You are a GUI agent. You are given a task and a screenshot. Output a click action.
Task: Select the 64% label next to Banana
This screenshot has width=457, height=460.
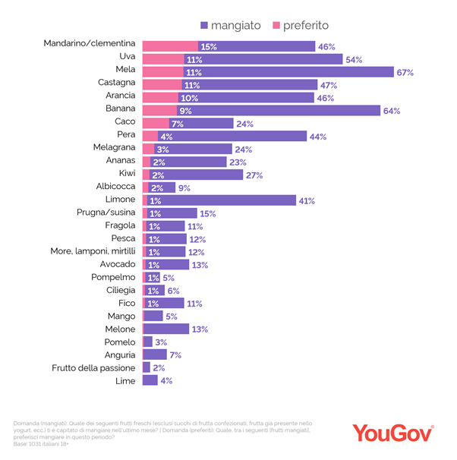pyautogui.click(x=390, y=111)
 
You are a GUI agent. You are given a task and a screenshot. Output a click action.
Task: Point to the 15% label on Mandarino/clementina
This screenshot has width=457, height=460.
pyautogui.click(x=209, y=46)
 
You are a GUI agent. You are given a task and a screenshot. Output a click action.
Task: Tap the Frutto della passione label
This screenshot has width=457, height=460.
pyautogui.click(x=94, y=367)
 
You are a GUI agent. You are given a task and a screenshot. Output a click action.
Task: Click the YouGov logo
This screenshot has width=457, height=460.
pyautogui.click(x=392, y=432)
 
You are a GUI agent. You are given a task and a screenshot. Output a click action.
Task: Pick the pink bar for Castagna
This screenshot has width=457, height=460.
pyautogui.click(x=162, y=85)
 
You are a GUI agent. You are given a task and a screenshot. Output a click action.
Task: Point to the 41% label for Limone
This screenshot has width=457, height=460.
pyautogui.click(x=306, y=201)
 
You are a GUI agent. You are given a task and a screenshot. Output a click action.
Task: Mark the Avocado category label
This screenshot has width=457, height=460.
pyautogui.click(x=118, y=264)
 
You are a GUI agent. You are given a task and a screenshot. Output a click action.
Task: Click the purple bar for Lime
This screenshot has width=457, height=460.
pyautogui.click(x=150, y=380)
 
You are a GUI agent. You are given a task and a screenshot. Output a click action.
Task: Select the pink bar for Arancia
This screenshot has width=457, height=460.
pyautogui.click(x=160, y=98)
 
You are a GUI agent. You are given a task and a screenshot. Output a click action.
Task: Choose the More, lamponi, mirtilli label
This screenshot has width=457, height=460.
pyautogui.click(x=94, y=252)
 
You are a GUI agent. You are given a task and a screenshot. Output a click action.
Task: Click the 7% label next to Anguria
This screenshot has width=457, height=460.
pyautogui.click(x=175, y=354)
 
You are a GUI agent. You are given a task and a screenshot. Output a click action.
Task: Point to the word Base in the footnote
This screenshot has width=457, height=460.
pyautogui.click(x=21, y=443)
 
